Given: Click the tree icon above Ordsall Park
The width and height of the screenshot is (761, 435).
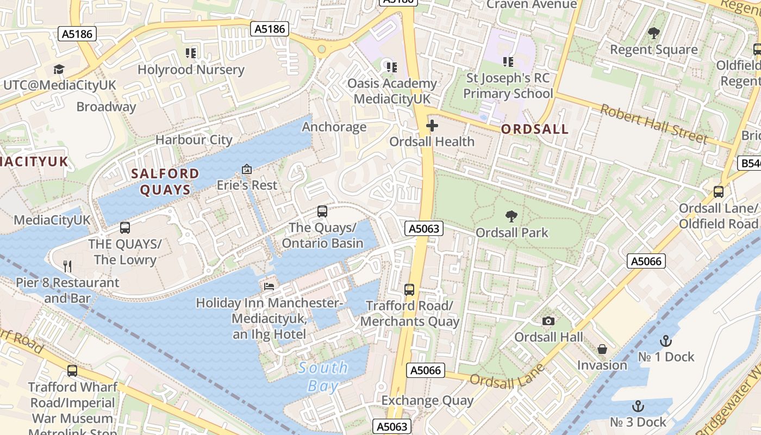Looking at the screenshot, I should (x=511, y=216).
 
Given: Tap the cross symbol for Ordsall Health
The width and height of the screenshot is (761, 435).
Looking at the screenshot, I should (x=432, y=126).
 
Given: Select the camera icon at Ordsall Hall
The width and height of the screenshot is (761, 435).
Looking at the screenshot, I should (x=548, y=321).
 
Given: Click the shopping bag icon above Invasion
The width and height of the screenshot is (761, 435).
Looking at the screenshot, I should (x=602, y=349).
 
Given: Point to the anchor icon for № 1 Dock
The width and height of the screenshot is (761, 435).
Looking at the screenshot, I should (x=666, y=341).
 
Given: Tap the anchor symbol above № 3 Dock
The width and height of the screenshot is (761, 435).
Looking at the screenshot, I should (x=638, y=406).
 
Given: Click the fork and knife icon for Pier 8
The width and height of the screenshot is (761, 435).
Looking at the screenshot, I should (x=67, y=266).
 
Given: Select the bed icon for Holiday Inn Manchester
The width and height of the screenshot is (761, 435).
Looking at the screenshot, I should (x=269, y=286).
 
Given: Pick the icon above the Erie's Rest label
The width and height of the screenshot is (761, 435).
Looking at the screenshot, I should (x=247, y=169).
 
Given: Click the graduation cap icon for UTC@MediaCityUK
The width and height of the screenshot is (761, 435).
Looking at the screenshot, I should (x=59, y=69).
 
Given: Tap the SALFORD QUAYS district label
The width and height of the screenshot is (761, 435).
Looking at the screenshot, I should (x=166, y=182).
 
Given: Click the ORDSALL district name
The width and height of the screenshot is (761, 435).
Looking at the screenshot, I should (x=535, y=129).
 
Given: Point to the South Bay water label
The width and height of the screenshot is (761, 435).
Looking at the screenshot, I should (x=323, y=377).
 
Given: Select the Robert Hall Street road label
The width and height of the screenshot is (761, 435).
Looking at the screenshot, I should (x=654, y=124).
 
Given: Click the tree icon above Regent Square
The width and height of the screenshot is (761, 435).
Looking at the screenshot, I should (x=654, y=33).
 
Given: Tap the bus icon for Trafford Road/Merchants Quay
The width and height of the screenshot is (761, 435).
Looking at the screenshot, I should (x=409, y=290).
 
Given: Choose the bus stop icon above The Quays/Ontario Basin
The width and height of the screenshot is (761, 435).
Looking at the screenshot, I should (x=322, y=211).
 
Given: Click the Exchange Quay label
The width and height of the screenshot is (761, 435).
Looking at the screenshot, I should (x=427, y=401).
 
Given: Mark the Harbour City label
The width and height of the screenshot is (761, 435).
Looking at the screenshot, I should (x=194, y=140).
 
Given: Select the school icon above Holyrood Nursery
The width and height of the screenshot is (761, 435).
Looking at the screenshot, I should (x=191, y=53).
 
